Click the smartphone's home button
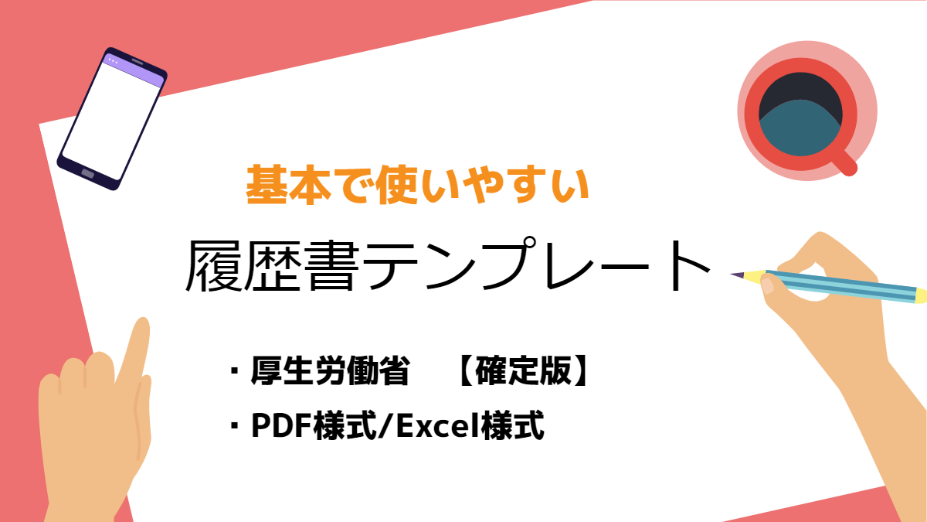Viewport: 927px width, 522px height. point(88,173)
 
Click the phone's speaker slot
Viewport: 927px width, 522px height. point(138,62)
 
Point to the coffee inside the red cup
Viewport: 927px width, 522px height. point(800,128)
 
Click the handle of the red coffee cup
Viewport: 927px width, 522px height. point(845,164)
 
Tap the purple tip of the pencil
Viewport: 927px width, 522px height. point(737,275)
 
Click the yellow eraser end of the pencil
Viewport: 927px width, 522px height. point(921,295)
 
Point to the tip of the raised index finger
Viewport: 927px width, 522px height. point(143,323)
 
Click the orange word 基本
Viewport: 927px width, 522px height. point(288,184)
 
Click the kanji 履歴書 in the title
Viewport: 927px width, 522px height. point(272,265)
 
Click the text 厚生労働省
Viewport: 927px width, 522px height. point(331,370)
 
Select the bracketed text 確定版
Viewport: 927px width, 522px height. point(523,370)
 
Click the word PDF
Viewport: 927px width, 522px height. point(282,426)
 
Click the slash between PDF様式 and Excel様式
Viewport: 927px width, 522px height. point(386,426)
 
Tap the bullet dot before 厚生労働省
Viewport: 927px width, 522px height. point(235,370)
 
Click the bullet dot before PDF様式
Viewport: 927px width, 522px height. point(235,425)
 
